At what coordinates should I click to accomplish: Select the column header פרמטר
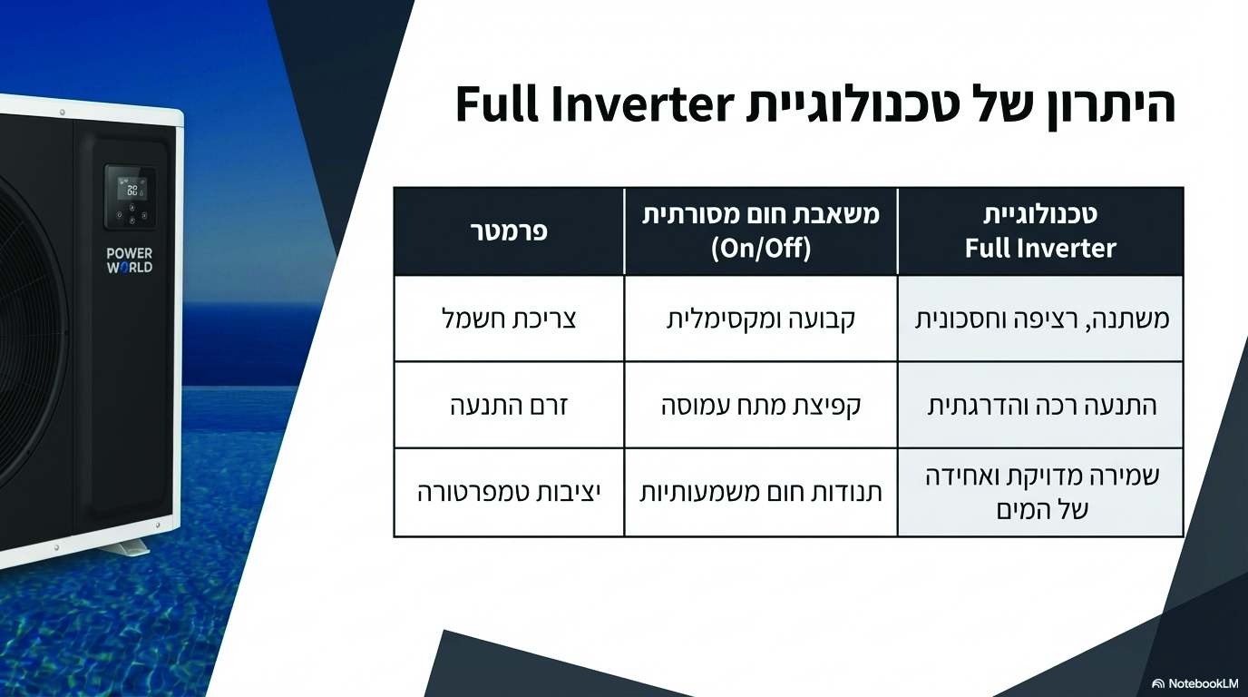point(509,231)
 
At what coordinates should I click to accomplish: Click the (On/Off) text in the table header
point(761,248)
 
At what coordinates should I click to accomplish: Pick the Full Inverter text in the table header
point(1040,248)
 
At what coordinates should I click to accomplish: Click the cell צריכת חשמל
point(509,319)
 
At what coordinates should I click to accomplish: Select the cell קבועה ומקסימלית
point(761,319)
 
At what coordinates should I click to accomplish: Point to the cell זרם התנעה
point(509,406)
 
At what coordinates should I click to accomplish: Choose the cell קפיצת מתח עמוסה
point(761,406)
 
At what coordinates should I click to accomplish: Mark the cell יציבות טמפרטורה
point(509,493)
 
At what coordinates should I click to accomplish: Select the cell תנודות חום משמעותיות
point(761,493)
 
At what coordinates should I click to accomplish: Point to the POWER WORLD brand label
point(130,260)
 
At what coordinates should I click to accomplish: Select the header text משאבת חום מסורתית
point(761,215)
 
